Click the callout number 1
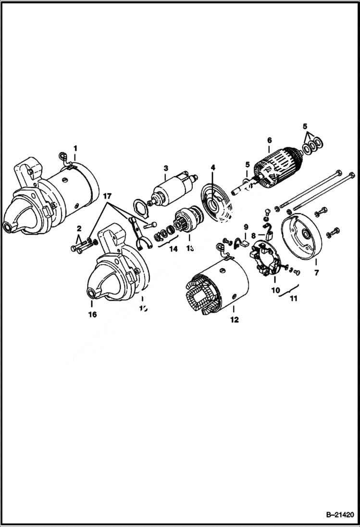point(75,147)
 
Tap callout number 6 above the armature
point(269,140)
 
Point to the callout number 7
point(316,273)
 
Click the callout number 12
point(234,319)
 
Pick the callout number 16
point(92,315)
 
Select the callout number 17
point(107,196)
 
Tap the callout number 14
point(173,249)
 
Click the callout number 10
point(276,290)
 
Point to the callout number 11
point(293,298)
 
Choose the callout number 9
point(246,227)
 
